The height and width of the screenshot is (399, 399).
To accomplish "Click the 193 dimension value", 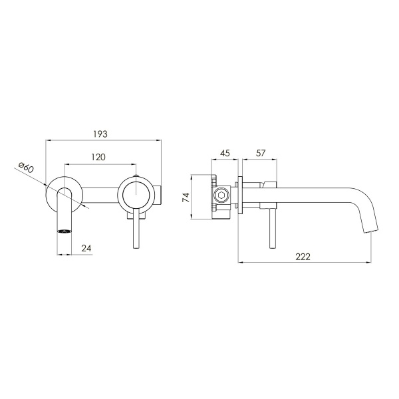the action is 100,134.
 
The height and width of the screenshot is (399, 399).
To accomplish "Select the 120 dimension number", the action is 98,157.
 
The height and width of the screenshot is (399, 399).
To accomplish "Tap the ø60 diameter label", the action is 26,167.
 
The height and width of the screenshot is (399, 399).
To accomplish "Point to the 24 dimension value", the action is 86,248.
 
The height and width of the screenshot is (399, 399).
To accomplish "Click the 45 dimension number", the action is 225,153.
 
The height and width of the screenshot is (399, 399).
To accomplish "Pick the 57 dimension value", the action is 261,153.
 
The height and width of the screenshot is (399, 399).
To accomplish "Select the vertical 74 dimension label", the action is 186,198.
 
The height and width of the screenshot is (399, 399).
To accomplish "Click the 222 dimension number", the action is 303,257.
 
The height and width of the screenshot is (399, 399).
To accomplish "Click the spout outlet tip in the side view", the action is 371,231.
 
